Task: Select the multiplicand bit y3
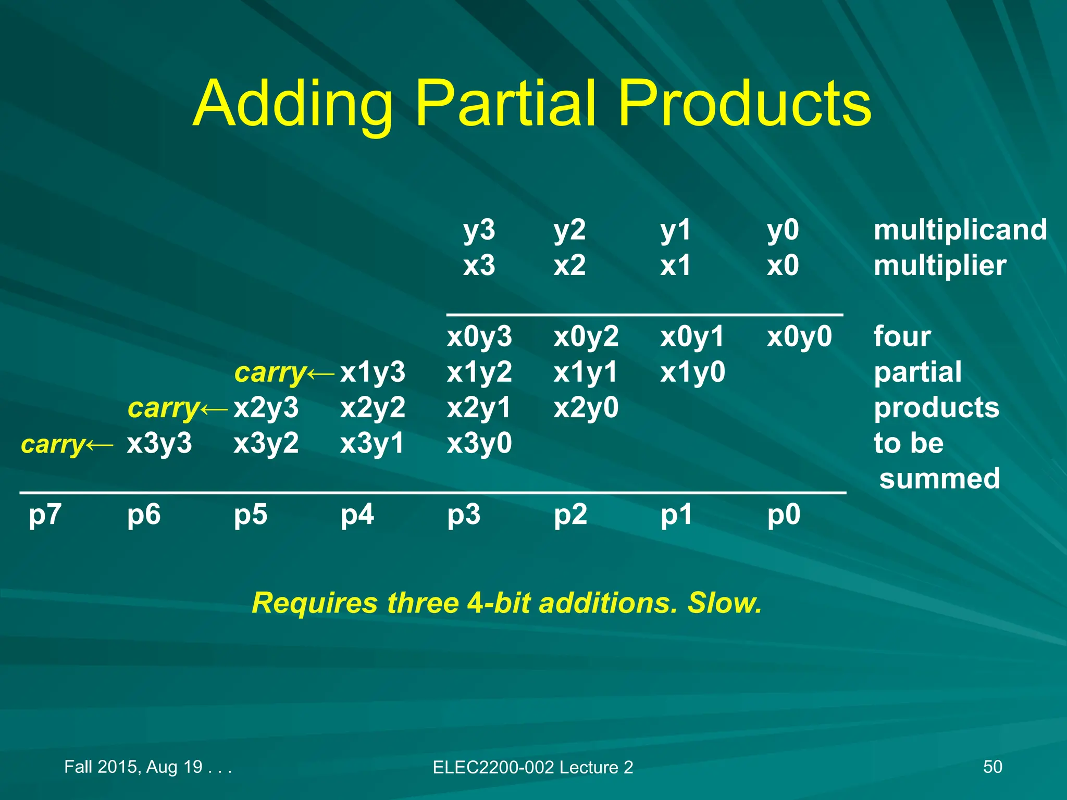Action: (x=479, y=230)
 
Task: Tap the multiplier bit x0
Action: (x=783, y=266)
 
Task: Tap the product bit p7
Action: (x=45, y=515)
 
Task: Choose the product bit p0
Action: (x=784, y=515)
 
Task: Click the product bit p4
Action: (x=357, y=515)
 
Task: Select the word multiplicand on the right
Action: (x=960, y=230)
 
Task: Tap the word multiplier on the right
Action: (x=940, y=266)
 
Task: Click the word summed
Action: (x=940, y=479)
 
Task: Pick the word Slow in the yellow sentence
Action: (x=724, y=603)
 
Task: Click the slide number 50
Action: (x=992, y=767)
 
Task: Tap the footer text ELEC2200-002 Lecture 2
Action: (x=532, y=767)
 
